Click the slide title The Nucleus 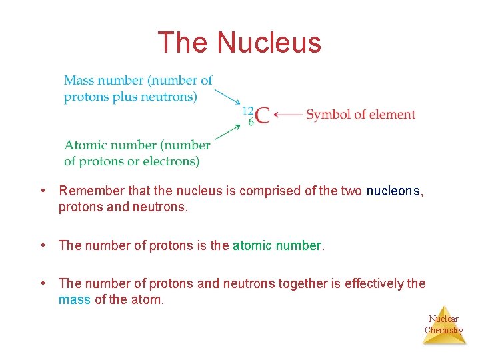pyautogui.click(x=239, y=43)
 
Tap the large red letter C pyautogui.click(x=263, y=115)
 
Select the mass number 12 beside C pyautogui.click(x=248, y=110)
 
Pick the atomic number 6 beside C pyautogui.click(x=251, y=122)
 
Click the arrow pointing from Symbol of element pyautogui.click(x=288, y=115)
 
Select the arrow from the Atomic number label pyautogui.click(x=228, y=132)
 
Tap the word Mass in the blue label pyautogui.click(x=79, y=81)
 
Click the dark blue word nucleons pyautogui.click(x=393, y=191)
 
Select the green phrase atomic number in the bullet pyautogui.click(x=277, y=245)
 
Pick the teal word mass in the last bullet pyautogui.click(x=74, y=300)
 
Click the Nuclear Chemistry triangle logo pyautogui.click(x=444, y=325)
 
